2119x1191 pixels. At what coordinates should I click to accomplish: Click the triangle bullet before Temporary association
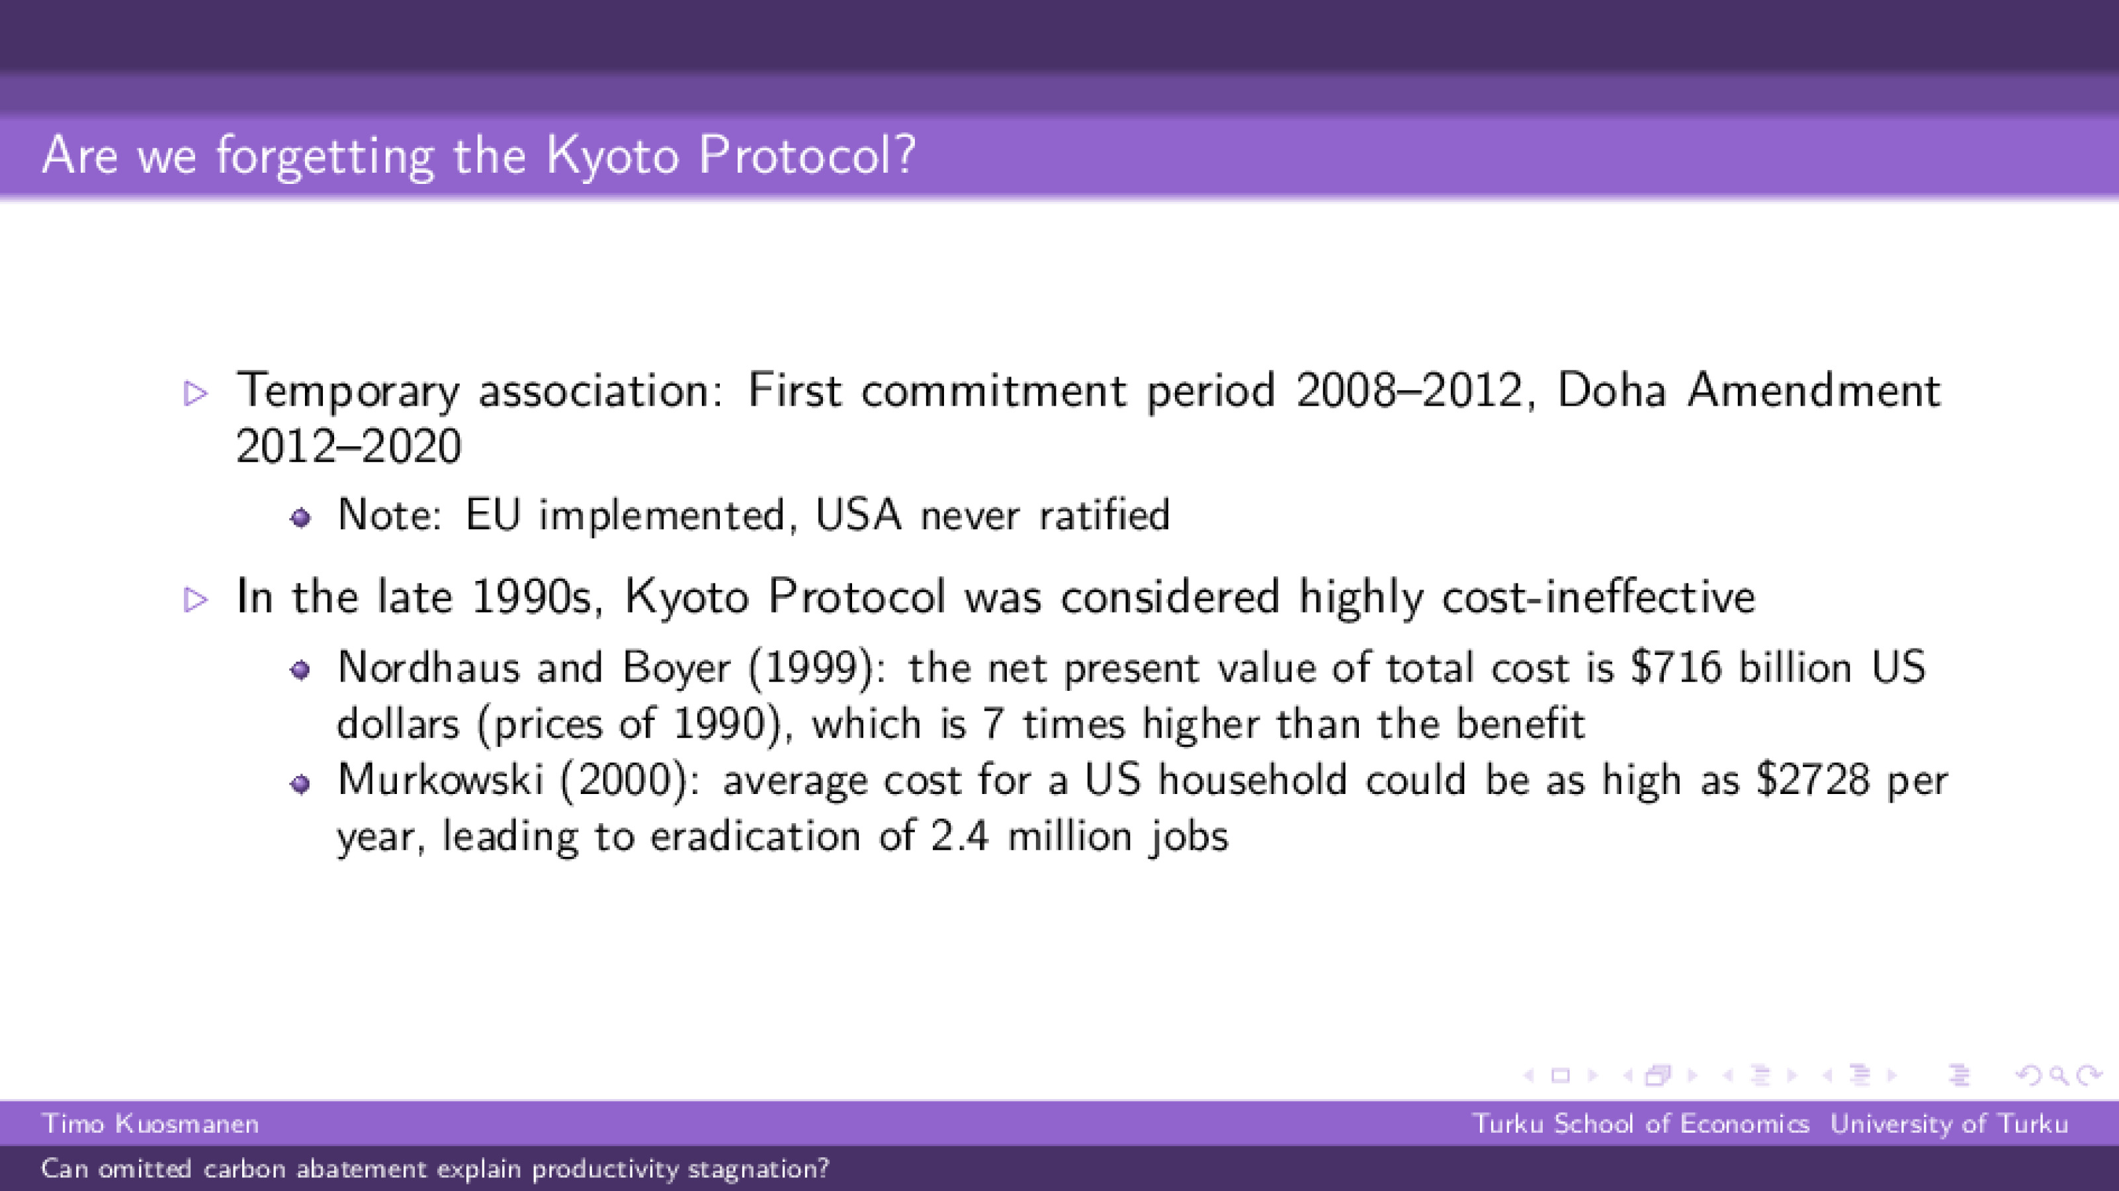click(196, 393)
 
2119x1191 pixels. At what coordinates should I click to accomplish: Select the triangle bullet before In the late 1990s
click(196, 599)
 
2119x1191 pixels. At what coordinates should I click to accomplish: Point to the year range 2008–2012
click(1409, 390)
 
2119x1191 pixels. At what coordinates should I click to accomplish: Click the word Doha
click(1611, 390)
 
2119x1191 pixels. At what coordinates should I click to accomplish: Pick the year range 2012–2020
click(348, 447)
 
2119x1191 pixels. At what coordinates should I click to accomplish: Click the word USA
click(858, 515)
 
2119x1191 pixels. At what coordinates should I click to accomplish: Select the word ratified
click(1104, 515)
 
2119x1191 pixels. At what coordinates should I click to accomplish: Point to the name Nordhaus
click(428, 667)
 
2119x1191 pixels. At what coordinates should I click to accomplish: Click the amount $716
click(1675, 667)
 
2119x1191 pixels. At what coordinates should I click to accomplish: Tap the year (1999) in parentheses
click(810, 667)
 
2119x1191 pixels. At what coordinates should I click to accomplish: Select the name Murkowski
click(440, 779)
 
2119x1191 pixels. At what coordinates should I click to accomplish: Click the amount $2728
click(1812, 779)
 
